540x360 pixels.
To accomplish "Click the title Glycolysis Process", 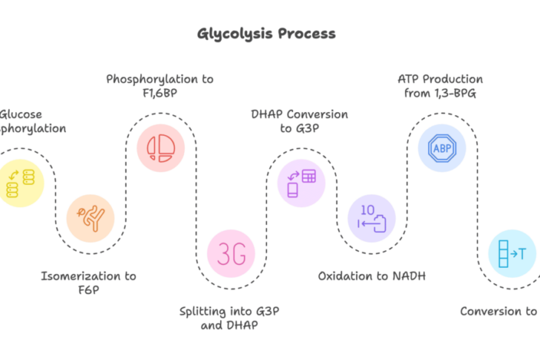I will [266, 33].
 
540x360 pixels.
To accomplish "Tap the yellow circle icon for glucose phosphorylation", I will [21, 183].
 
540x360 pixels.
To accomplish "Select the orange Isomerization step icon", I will [90, 219].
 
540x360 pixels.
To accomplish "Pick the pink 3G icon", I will [231, 254].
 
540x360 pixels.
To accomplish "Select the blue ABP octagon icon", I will [441, 147].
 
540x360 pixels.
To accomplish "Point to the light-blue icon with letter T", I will [512, 254].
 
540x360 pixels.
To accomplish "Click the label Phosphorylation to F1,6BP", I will [159, 85].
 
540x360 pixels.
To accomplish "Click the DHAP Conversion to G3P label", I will [300, 121].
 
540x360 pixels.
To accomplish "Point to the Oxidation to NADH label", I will [371, 276].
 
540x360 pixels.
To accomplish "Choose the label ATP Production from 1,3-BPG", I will [440, 85].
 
